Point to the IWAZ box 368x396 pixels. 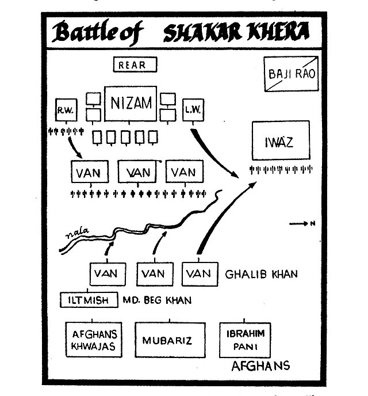click(x=280, y=140)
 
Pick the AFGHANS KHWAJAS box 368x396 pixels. click(x=94, y=340)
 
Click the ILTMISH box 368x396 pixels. click(x=90, y=300)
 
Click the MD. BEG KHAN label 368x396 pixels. click(x=157, y=300)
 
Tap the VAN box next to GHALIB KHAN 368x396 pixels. click(x=200, y=273)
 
